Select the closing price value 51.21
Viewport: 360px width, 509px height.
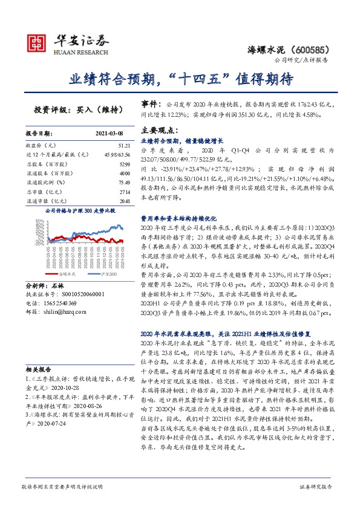click(x=125, y=146)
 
